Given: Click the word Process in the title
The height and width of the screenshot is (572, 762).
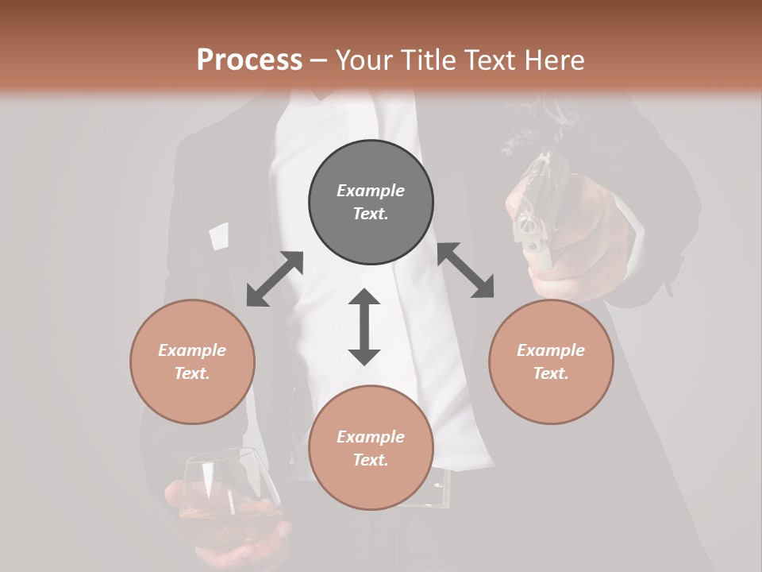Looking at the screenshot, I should (249, 60).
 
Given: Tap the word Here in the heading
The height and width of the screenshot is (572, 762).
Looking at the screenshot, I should (555, 60).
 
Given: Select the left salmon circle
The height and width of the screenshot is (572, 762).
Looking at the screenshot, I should (192, 361).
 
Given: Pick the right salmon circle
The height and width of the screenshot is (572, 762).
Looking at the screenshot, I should (551, 361).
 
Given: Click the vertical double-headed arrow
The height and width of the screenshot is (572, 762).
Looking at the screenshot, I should (364, 327).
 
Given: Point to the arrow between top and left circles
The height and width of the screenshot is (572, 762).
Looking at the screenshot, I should (275, 279).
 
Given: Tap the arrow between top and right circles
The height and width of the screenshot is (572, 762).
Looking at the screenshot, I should (465, 270).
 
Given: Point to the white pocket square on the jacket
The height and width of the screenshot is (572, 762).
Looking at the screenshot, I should (218, 236).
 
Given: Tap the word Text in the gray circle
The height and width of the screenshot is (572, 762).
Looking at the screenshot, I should (370, 214).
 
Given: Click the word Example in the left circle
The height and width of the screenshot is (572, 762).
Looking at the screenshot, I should (192, 350).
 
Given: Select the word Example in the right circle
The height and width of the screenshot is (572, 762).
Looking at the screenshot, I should (551, 350).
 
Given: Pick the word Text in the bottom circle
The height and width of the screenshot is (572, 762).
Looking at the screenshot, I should (370, 460).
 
